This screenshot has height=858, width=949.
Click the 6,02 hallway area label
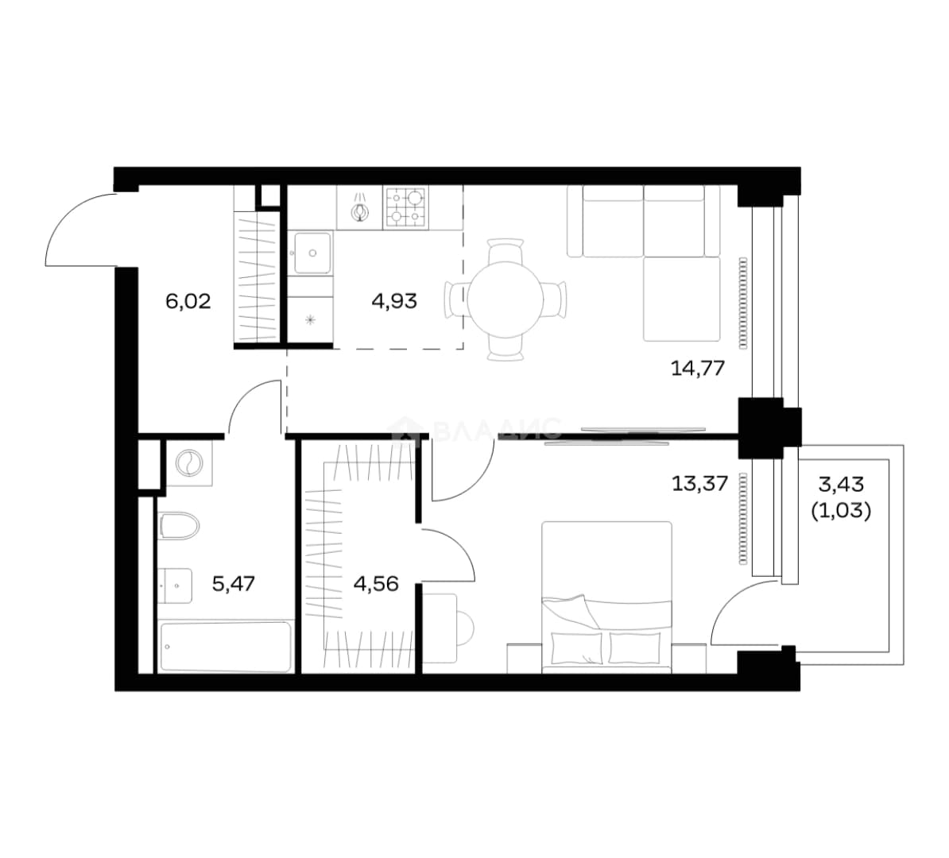click(x=188, y=301)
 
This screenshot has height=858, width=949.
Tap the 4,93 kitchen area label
click(x=394, y=301)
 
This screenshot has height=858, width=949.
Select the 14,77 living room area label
click(x=698, y=368)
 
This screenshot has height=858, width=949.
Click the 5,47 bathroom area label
click(x=234, y=583)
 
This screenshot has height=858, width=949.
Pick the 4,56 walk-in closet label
click(x=376, y=583)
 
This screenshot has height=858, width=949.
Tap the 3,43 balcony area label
click(x=841, y=484)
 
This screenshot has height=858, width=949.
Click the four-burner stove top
click(x=405, y=207)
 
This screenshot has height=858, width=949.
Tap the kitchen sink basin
click(x=313, y=253)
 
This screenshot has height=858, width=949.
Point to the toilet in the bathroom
click(x=179, y=526)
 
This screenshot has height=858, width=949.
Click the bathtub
click(x=225, y=646)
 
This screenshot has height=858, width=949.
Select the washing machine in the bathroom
click(x=189, y=463)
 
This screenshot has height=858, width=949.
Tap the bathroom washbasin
click(x=176, y=586)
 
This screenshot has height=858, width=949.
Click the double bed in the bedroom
click(x=606, y=597)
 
